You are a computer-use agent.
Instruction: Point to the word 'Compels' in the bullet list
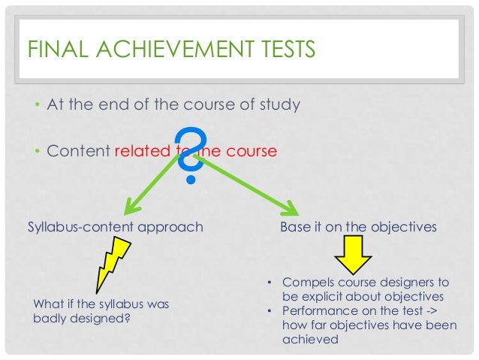pyautogui.click(x=308, y=283)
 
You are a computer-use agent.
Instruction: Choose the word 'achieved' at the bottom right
pyautogui.click(x=310, y=340)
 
